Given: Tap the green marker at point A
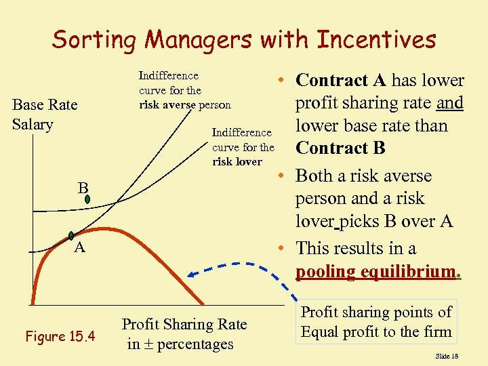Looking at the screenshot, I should pos(72,236).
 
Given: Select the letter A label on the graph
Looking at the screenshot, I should pos(79,248).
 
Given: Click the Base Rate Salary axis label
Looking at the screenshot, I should pos(45,115).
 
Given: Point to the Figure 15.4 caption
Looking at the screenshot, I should pos(60,336).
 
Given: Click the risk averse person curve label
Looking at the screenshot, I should pos(184,90).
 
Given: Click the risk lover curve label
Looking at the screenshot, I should pos(243,147).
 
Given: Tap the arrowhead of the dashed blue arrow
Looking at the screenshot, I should pos(192,274).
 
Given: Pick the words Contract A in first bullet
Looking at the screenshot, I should pos(341,80).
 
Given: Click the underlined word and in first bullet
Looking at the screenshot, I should pos(450,103).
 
